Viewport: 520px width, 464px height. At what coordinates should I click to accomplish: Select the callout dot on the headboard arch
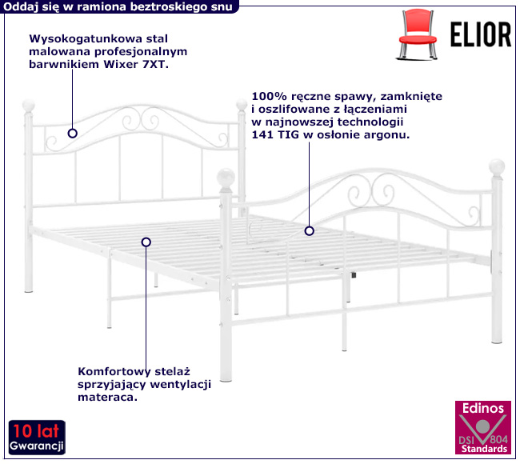coord(73,134)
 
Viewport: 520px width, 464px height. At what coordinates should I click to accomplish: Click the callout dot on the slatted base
coord(146,241)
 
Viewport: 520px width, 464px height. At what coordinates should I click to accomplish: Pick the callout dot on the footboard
coord(308,230)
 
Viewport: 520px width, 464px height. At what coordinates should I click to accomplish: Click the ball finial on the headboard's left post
coord(28,106)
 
